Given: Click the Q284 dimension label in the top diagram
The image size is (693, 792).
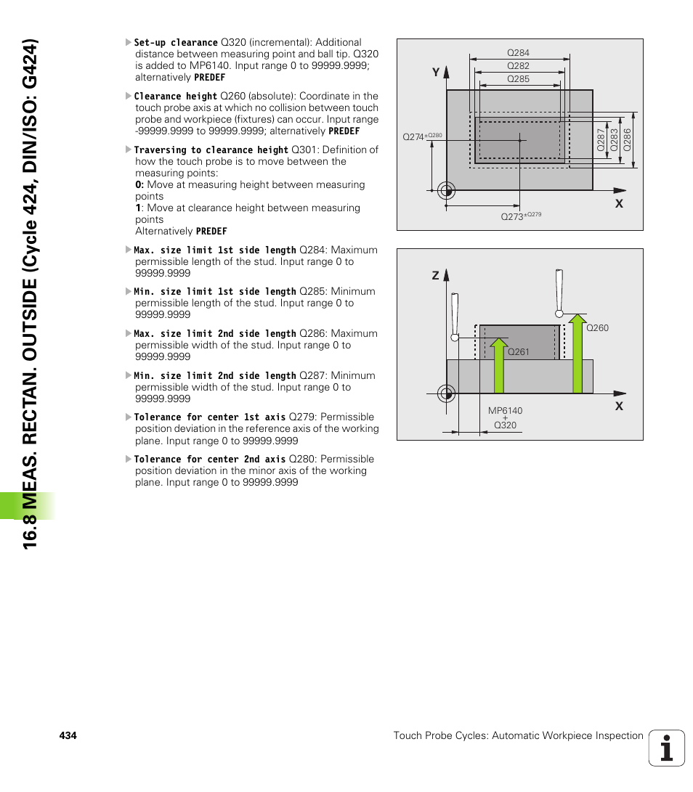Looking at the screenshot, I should (x=518, y=53).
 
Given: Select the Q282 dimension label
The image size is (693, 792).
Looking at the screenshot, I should (x=518, y=66).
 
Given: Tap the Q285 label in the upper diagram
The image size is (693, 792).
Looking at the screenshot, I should (x=518, y=79).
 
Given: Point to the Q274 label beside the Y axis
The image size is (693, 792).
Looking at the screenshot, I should (x=413, y=136).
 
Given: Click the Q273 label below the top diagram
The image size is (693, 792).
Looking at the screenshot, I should (x=512, y=217).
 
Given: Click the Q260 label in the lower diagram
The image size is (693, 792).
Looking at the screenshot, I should (x=597, y=328).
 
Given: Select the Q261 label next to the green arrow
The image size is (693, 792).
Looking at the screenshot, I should (x=518, y=352).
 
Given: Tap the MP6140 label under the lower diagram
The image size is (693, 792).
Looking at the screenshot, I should (x=505, y=411).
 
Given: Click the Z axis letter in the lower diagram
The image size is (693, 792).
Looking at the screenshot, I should (x=436, y=276).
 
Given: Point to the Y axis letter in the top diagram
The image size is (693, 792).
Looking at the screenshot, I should (x=436, y=73).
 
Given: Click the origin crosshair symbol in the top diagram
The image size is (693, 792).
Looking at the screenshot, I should (x=446, y=191).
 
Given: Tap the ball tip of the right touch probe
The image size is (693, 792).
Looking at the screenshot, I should (x=559, y=313).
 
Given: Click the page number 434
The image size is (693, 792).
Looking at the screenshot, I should (x=68, y=735).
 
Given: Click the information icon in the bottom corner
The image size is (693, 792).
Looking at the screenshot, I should (x=667, y=748).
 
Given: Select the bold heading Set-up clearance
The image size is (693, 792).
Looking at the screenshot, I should (x=176, y=43).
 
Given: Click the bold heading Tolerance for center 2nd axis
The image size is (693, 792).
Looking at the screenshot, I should (x=210, y=460).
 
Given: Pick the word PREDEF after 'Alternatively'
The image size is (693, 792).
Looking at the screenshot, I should (x=211, y=232).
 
